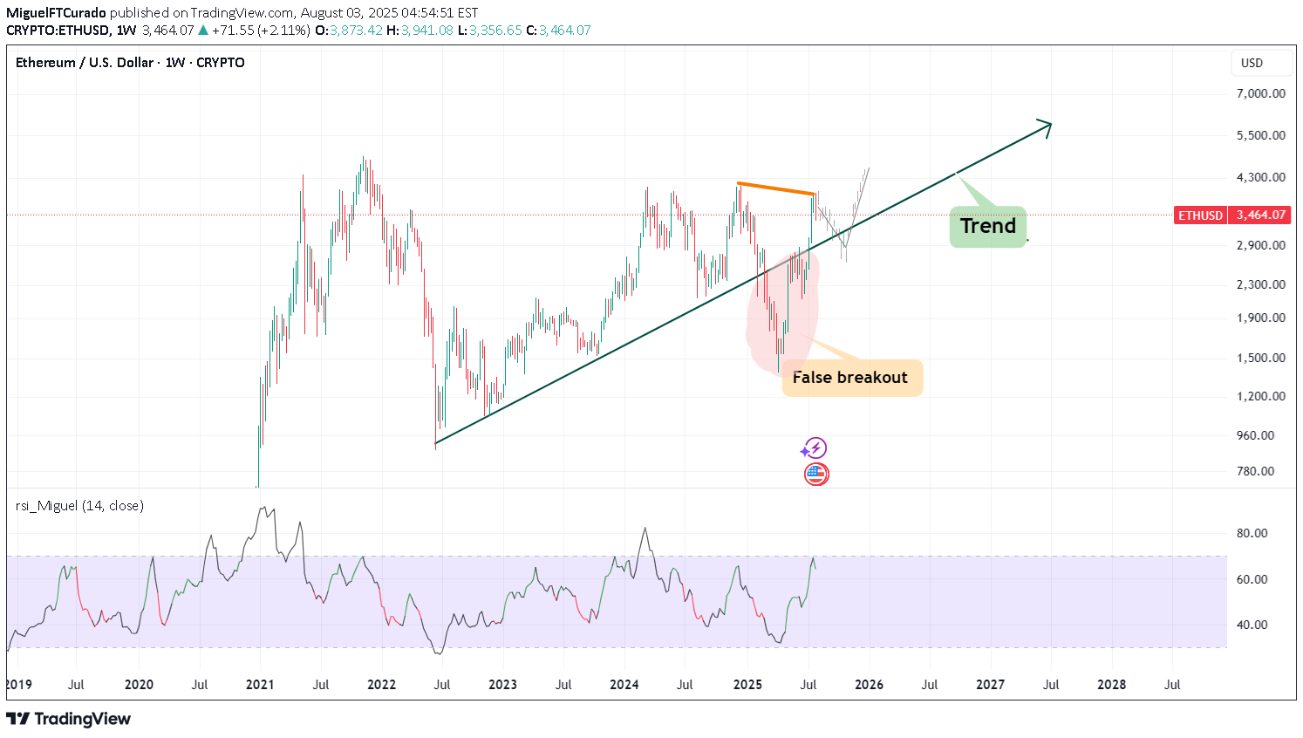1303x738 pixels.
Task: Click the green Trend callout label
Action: click(988, 227)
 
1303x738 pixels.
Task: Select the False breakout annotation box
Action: click(851, 378)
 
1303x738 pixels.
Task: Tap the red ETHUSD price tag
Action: click(1200, 215)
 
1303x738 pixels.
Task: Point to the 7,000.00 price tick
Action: click(1260, 93)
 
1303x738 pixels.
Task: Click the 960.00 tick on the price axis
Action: click(1260, 435)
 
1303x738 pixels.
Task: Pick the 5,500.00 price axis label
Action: click(1260, 135)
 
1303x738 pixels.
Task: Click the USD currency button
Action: click(1252, 63)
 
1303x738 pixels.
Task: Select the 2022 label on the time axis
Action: click(381, 685)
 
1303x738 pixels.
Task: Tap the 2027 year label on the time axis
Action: click(990, 685)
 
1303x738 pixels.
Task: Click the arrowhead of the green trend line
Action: click(1047, 126)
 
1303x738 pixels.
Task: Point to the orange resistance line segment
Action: click(775, 188)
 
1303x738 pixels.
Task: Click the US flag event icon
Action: click(816, 475)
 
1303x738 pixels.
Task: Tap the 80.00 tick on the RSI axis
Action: click(1252, 533)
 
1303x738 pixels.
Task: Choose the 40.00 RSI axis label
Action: click(1252, 625)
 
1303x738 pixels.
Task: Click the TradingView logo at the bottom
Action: click(69, 719)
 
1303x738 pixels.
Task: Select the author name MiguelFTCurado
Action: click(56, 13)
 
